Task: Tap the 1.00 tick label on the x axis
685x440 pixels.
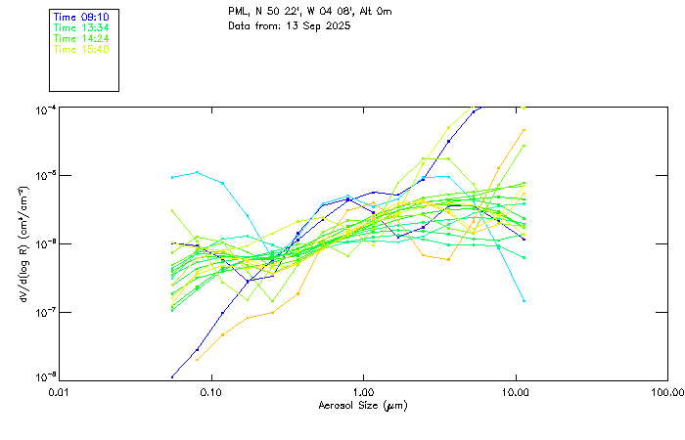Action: [363, 391]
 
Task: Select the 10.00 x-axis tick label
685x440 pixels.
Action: [516, 391]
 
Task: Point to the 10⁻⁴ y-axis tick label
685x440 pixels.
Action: [45, 107]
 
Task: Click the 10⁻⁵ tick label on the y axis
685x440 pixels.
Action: [45, 175]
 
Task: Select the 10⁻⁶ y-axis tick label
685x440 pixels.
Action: [45, 242]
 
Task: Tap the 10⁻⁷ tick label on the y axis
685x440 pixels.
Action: [45, 311]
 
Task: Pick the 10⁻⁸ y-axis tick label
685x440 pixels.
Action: [45, 377]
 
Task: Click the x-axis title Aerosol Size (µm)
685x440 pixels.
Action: [363, 405]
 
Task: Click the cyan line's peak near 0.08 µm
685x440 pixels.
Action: [198, 172]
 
